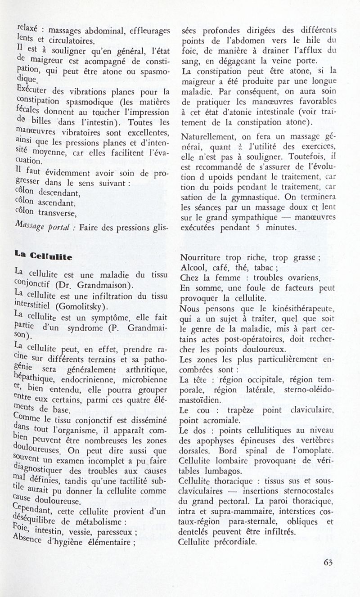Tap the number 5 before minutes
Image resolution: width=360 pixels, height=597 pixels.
point(256,227)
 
